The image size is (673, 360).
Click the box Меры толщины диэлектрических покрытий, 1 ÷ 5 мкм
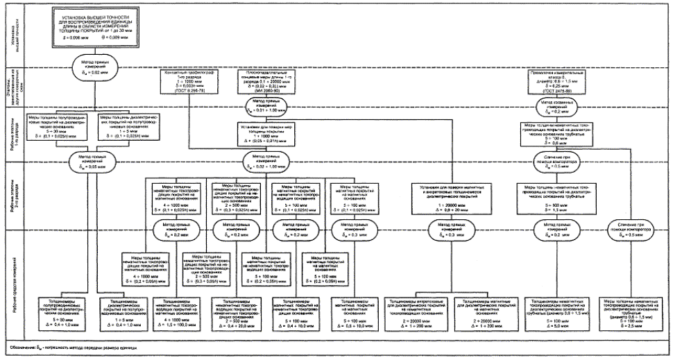pyautogui.click(x=130, y=126)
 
